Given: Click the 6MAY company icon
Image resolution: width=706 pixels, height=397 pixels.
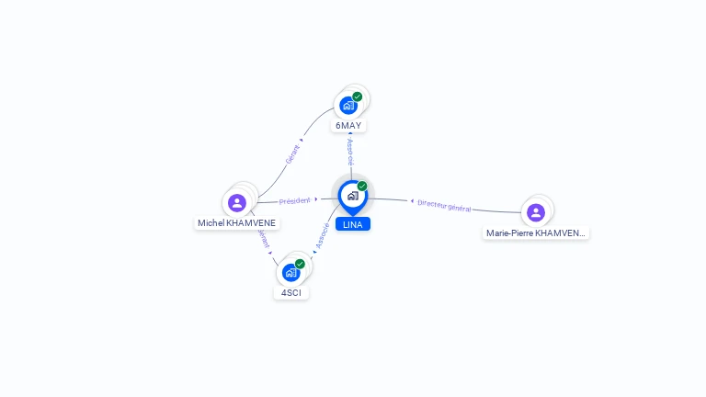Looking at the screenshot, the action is coord(348,106).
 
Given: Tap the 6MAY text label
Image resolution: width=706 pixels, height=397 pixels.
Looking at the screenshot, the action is coord(348,125).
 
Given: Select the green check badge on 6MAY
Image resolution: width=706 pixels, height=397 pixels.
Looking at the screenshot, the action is coord(358,96).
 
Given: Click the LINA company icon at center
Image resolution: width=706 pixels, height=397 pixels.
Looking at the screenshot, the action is coord(352,196).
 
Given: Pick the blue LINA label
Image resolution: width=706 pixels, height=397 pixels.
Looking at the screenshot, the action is coord(352,224).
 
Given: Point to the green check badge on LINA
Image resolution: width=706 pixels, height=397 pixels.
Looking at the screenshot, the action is coord(362,187).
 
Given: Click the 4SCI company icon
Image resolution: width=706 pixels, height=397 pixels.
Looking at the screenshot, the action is coord(290,273).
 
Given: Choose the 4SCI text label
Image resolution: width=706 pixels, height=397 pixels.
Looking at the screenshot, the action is coord(290,293).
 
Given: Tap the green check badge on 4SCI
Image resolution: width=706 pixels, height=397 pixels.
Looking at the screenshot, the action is coord(300,264).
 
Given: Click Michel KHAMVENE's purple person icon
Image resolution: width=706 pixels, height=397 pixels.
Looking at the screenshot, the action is coord(237,202).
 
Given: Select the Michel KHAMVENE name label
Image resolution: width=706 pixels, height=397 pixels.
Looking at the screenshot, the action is coord(236,223).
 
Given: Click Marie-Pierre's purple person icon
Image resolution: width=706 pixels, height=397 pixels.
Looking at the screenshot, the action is coord(536,212).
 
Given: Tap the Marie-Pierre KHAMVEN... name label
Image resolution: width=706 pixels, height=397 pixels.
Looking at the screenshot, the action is coord(536,233).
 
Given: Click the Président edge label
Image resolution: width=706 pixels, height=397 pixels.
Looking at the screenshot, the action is coord(295,199).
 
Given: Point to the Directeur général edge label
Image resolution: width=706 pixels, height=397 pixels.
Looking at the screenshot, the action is coord(445,205).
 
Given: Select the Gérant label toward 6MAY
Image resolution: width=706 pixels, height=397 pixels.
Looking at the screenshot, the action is coord(292,154).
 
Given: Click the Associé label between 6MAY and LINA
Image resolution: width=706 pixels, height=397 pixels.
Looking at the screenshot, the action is coord(350,152).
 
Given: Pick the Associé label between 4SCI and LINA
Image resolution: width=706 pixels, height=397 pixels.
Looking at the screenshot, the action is coord(323,235).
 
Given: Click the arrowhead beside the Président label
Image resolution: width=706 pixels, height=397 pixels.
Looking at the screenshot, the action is coord(316,198).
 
